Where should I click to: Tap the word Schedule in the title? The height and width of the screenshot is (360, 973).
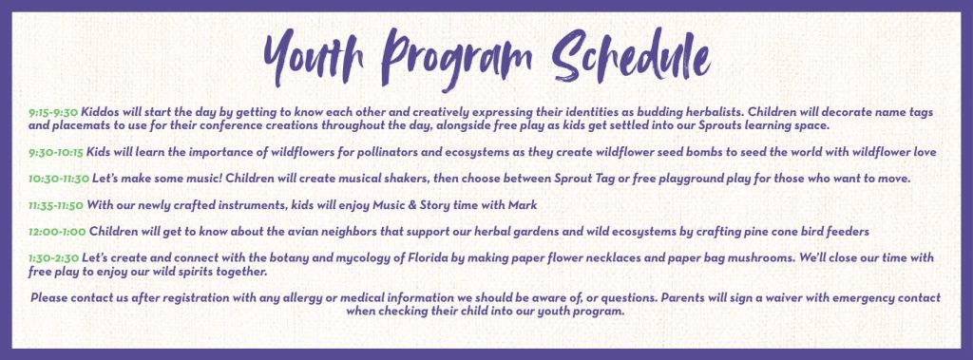click(631, 55)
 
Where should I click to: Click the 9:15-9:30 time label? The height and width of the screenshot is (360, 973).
click(53, 113)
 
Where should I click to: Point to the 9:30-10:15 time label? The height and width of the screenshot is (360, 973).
click(56, 152)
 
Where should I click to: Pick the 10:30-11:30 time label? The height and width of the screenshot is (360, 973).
click(59, 179)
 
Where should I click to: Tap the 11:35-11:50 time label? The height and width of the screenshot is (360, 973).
click(56, 205)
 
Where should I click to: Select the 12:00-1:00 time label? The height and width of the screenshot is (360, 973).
click(57, 232)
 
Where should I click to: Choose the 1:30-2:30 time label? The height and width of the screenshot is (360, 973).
click(54, 257)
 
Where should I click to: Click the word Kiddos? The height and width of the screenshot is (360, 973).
click(99, 113)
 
